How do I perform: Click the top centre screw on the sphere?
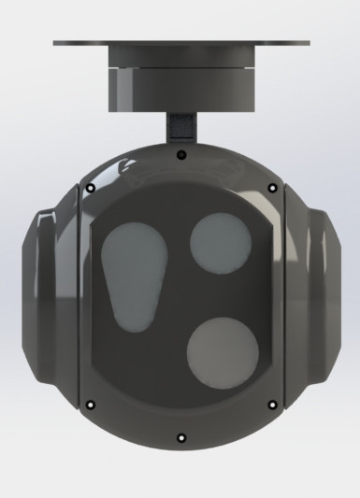coord(180,153)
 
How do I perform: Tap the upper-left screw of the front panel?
coord(91,188)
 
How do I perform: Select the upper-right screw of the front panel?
coord(272,188)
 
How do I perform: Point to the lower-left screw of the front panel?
coord(91,405)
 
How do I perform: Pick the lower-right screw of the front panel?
coord(272,405)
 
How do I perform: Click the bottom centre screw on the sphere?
coord(180,437)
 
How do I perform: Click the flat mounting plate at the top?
coord(182,43)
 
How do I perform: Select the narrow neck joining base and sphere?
coord(181,125)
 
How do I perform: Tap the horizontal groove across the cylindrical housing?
coord(180,70)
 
